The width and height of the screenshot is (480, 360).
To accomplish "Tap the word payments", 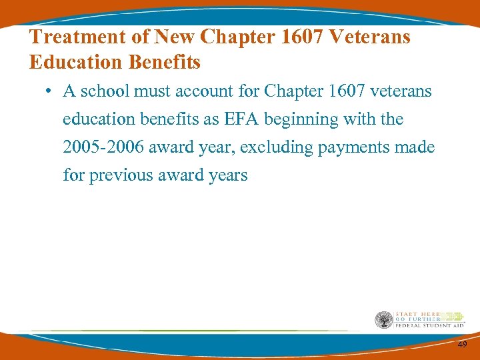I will point(352,147).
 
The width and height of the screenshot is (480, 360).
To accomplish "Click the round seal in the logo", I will point(383,320).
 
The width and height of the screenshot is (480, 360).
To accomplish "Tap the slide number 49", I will point(462,345).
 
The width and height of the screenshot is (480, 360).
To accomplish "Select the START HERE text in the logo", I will point(414,314).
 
